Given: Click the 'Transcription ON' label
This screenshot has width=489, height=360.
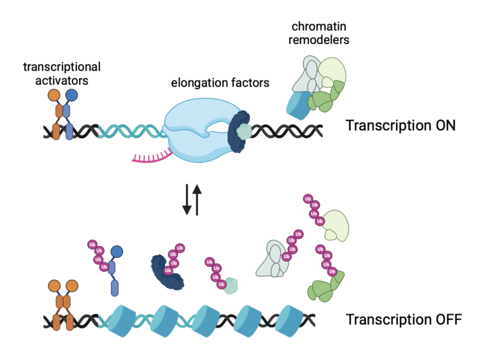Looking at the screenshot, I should click(400, 126).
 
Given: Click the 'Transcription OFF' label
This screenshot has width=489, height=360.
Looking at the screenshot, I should click(403, 319).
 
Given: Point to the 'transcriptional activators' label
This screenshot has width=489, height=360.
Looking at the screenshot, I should click(62, 73).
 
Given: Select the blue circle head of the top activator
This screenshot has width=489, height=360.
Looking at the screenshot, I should click(71, 96).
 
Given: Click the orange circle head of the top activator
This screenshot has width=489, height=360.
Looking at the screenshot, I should click(53, 96).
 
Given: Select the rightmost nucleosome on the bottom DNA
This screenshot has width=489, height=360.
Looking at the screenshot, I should click(291, 318).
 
